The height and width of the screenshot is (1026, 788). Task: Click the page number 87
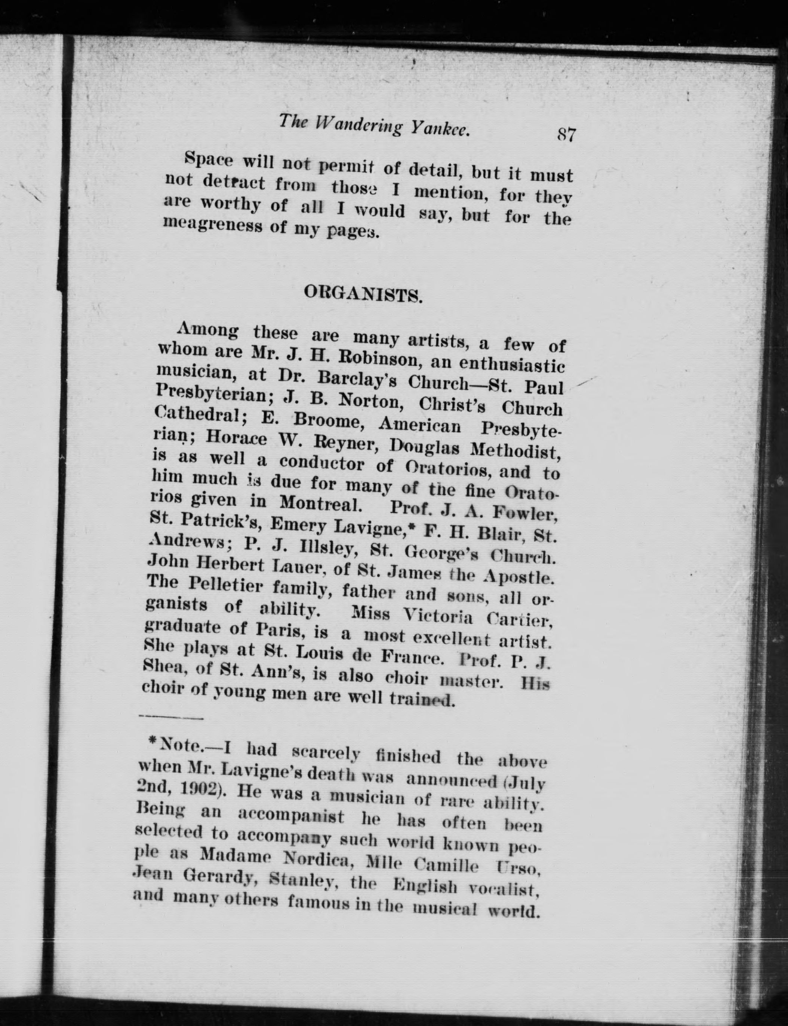pos(565,136)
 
